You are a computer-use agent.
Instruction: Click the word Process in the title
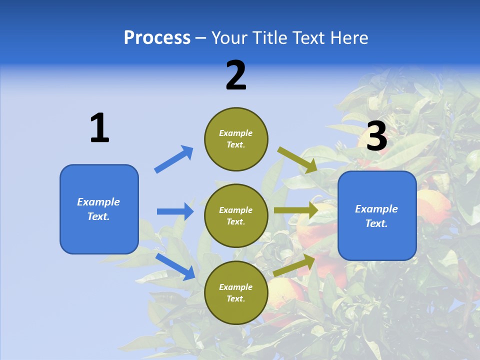[x=157, y=38]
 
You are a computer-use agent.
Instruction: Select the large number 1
[x=99, y=128]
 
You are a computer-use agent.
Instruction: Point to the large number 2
[x=236, y=75]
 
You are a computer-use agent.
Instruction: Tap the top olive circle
[x=236, y=139]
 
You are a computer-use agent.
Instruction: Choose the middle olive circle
[x=236, y=215]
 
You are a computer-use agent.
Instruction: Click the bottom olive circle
[x=236, y=292]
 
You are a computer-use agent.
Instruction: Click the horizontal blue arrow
[x=175, y=211]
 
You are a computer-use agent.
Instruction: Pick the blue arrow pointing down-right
[x=175, y=266]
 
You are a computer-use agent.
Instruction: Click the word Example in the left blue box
[x=98, y=202]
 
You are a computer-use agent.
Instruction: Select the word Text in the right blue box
[x=375, y=223]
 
